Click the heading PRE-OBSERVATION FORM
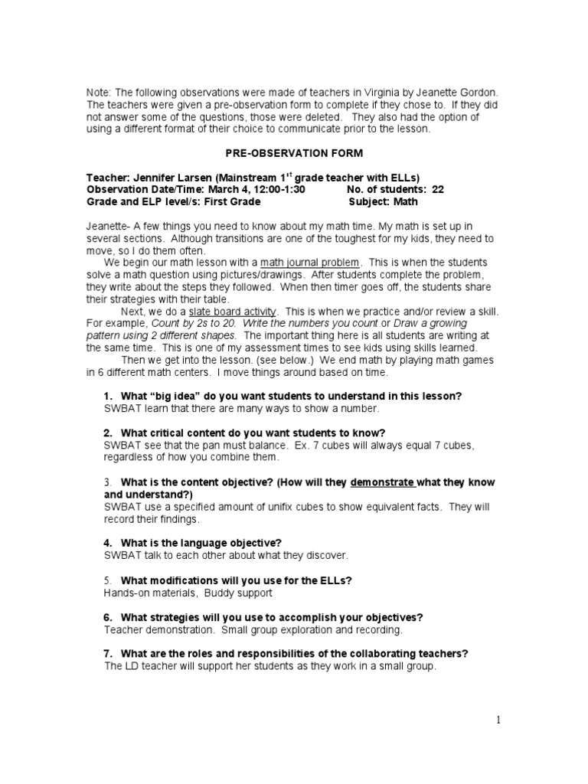coord(294,153)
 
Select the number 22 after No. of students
coord(438,190)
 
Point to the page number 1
coord(498,719)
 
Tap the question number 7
coord(107,653)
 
